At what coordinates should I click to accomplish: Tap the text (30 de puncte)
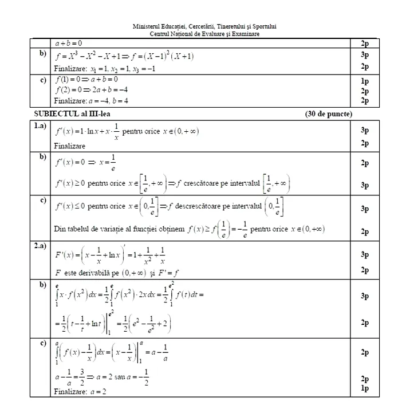tap(329, 114)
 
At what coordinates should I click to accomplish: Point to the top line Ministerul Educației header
tap(204, 26)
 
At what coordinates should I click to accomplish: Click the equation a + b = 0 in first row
tap(69, 43)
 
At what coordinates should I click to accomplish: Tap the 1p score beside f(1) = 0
tap(365, 81)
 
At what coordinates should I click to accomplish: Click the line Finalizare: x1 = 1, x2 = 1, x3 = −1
tap(104, 68)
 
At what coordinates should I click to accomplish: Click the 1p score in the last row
tap(365, 388)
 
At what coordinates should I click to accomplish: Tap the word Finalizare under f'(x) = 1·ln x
tap(69, 147)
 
